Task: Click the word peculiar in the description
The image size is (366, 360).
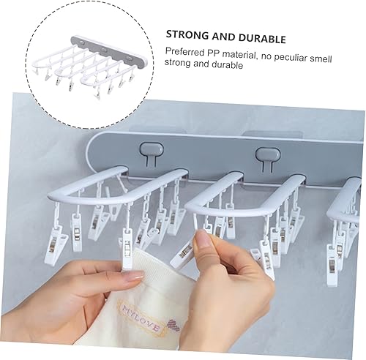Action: click(293, 51)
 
